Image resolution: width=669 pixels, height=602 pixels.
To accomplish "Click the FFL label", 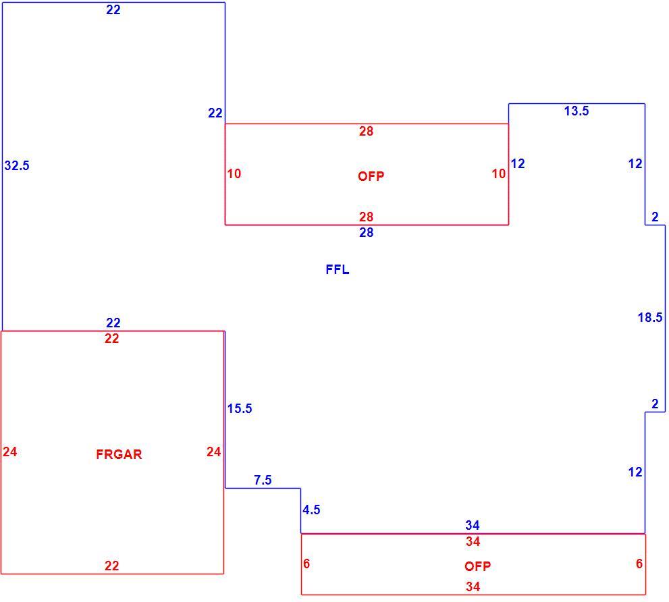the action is pyautogui.click(x=338, y=270).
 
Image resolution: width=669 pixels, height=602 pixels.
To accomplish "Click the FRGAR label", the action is pyautogui.click(x=119, y=454).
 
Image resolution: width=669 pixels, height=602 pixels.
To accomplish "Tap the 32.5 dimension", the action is pyautogui.click(x=17, y=165).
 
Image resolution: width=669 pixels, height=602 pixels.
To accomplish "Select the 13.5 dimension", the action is pyautogui.click(x=577, y=111).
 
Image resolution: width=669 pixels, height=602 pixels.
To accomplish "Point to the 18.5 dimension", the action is pyautogui.click(x=650, y=317).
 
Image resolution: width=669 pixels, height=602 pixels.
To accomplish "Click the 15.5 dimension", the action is pyautogui.click(x=240, y=409).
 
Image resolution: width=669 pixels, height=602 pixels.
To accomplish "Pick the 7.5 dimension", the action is pyautogui.click(x=263, y=481).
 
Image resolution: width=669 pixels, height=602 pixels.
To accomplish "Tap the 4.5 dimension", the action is pyautogui.click(x=311, y=510).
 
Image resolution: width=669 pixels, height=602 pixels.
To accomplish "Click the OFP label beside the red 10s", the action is pyautogui.click(x=371, y=176).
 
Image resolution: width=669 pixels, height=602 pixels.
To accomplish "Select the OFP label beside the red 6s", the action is pyautogui.click(x=478, y=566).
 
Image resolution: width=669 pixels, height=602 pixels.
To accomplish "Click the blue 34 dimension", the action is pyautogui.click(x=473, y=525).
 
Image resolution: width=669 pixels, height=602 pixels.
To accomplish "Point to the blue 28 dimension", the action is pyautogui.click(x=367, y=233).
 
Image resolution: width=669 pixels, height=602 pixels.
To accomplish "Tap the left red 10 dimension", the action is pyautogui.click(x=234, y=173).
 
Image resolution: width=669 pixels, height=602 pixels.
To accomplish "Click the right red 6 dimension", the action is pyautogui.click(x=639, y=564).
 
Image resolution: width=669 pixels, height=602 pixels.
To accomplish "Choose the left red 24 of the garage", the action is pyautogui.click(x=10, y=451).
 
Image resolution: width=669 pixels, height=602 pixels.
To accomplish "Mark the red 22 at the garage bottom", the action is pyautogui.click(x=112, y=566).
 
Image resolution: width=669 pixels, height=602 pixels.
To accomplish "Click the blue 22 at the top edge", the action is pyautogui.click(x=113, y=10).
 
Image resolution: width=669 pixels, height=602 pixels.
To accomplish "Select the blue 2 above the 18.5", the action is pyautogui.click(x=655, y=217).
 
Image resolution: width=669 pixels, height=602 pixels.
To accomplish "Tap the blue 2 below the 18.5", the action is pyautogui.click(x=655, y=404).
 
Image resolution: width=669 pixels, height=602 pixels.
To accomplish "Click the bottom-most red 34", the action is pyautogui.click(x=473, y=586).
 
